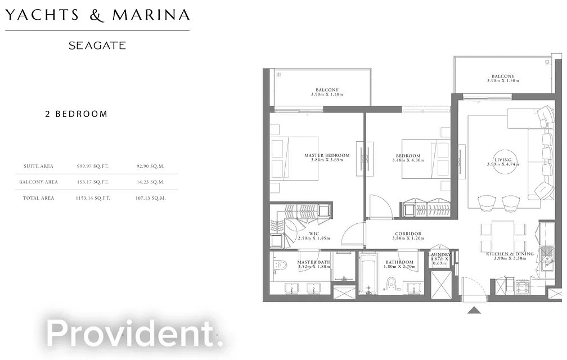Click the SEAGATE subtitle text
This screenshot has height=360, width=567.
[97, 46]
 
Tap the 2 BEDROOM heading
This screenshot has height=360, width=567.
[76, 114]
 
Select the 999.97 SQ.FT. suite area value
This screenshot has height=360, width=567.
[93, 166]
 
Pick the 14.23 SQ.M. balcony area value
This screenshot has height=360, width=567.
[150, 182]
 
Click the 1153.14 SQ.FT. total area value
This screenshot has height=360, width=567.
[93, 199]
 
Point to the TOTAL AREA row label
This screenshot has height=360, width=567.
[39, 199]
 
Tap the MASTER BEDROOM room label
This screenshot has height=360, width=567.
[327, 156]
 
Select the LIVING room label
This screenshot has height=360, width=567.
[503, 160]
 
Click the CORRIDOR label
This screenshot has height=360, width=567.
[408, 234]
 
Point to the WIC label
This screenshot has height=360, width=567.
[314, 234]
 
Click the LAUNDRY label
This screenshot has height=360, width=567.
[439, 255]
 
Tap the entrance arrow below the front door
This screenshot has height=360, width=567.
[474, 310]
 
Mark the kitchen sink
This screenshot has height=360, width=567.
[546, 261]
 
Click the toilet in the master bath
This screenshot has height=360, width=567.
[280, 265]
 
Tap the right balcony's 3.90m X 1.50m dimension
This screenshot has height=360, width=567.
[502, 81]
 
